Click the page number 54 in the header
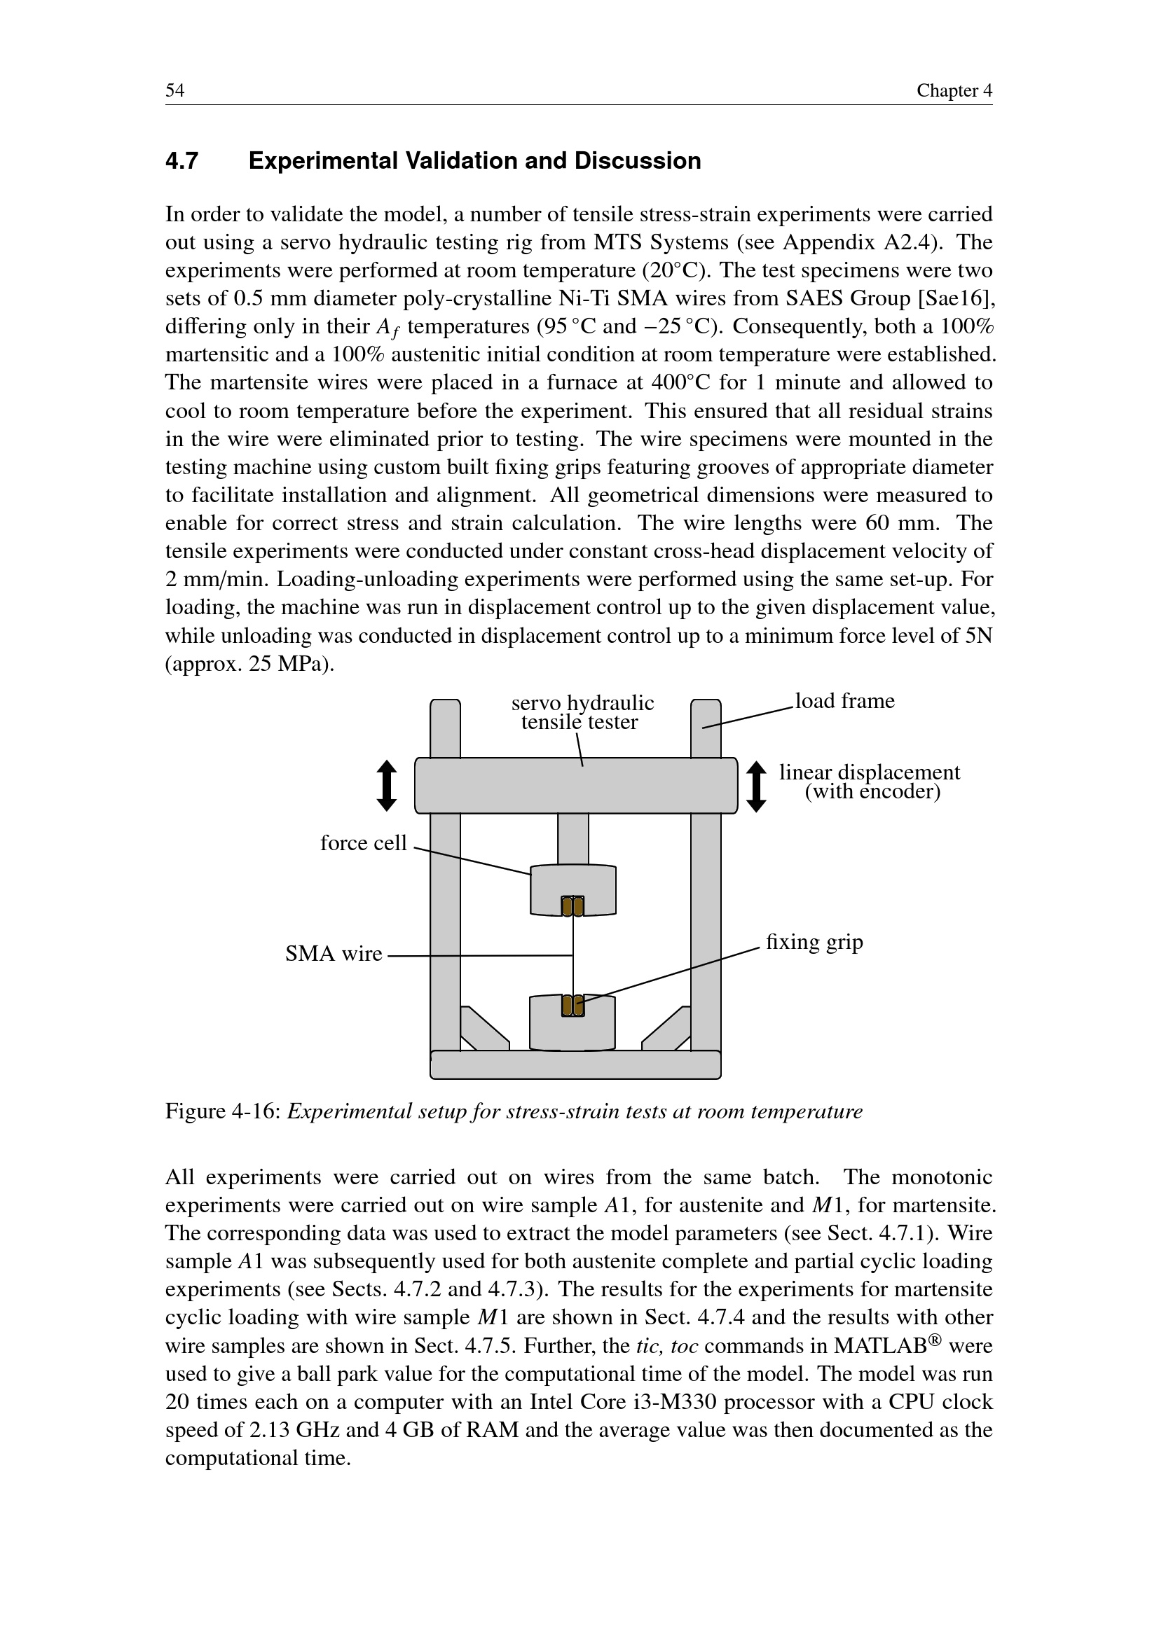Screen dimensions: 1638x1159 click(175, 90)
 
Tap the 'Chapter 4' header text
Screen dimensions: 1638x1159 click(954, 90)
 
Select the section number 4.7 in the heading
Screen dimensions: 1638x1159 click(182, 161)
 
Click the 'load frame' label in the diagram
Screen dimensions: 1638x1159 click(844, 701)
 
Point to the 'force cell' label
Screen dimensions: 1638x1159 click(363, 843)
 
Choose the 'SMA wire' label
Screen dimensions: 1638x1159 click(334, 954)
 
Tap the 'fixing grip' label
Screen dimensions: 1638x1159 click(814, 942)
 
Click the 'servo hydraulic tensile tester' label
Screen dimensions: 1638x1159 click(582, 712)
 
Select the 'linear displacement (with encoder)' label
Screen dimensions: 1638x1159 click(869, 782)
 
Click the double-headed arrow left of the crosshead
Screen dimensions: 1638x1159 click(387, 786)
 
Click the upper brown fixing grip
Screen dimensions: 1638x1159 click(572, 906)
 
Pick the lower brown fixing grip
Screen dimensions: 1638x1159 click(572, 1005)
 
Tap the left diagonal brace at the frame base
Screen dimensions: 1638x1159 click(484, 1028)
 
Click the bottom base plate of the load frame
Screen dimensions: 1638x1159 click(575, 1064)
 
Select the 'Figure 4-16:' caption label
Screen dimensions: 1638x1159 click(223, 1111)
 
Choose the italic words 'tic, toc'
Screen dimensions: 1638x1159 click(666, 1346)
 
